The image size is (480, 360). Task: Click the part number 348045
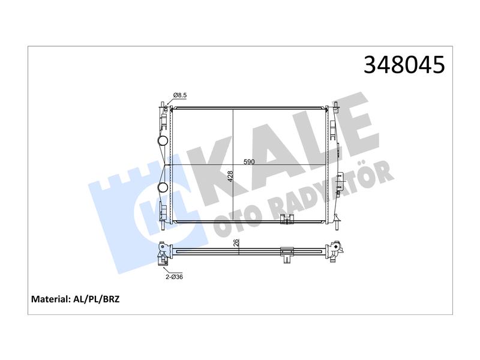click(x=404, y=65)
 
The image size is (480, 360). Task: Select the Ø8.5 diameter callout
click(x=180, y=95)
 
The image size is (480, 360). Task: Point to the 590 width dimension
click(x=249, y=161)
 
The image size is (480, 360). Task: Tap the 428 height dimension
click(x=230, y=176)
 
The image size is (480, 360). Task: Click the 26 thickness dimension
click(x=236, y=243)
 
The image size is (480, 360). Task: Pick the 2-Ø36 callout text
click(x=174, y=277)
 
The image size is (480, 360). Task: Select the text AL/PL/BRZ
click(x=97, y=299)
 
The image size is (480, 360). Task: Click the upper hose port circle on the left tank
click(x=163, y=140)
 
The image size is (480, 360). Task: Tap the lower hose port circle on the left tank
click(x=163, y=188)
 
